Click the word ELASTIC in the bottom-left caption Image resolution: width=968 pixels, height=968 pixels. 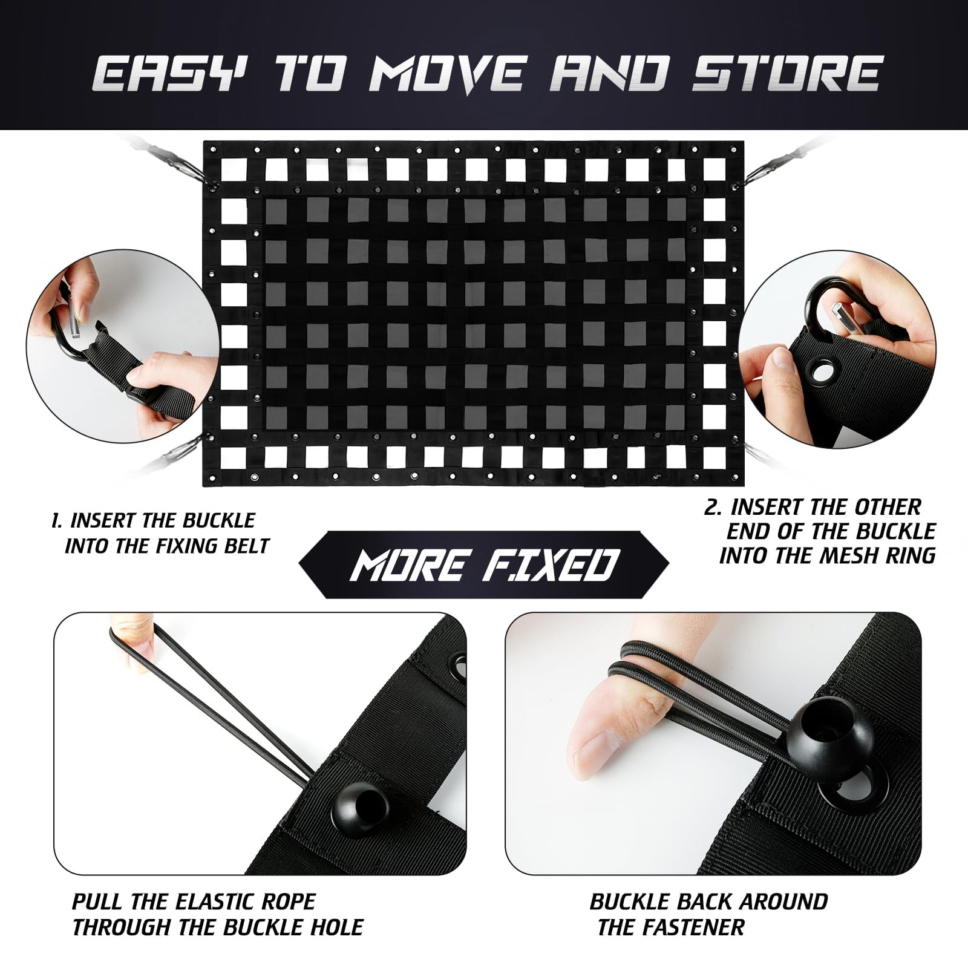click(212, 901)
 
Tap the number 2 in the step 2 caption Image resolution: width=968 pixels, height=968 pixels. click(711, 506)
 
